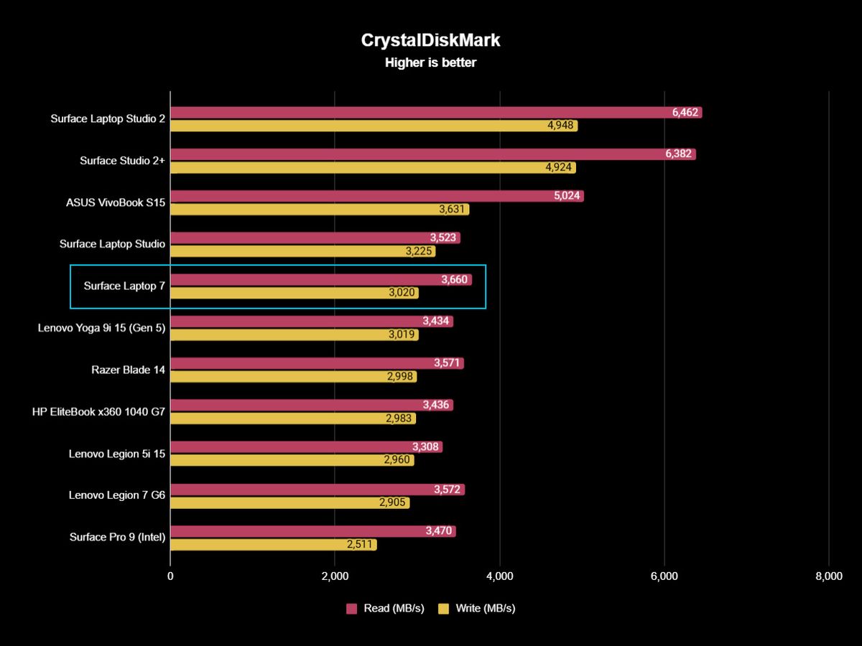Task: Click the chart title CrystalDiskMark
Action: pyautogui.click(x=430, y=41)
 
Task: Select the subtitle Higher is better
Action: pyautogui.click(x=430, y=62)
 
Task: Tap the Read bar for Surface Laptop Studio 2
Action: pyautogui.click(x=417, y=113)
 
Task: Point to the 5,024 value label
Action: pyautogui.click(x=568, y=196)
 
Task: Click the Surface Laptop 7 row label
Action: pyautogui.click(x=124, y=286)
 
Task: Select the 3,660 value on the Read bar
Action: pyautogui.click(x=456, y=280)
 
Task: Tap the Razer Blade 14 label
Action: pyautogui.click(x=128, y=370)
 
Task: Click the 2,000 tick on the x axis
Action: pyautogui.click(x=335, y=576)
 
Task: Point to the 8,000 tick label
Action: pyautogui.click(x=828, y=576)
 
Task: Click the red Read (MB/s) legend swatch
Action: pyautogui.click(x=352, y=609)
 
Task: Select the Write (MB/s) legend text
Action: pyautogui.click(x=485, y=609)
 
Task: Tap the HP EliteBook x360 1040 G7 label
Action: pyautogui.click(x=98, y=411)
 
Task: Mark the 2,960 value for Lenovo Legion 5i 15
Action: pyautogui.click(x=398, y=461)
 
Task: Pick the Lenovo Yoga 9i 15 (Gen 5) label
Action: pyautogui.click(x=101, y=327)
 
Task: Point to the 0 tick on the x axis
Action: pyautogui.click(x=170, y=576)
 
